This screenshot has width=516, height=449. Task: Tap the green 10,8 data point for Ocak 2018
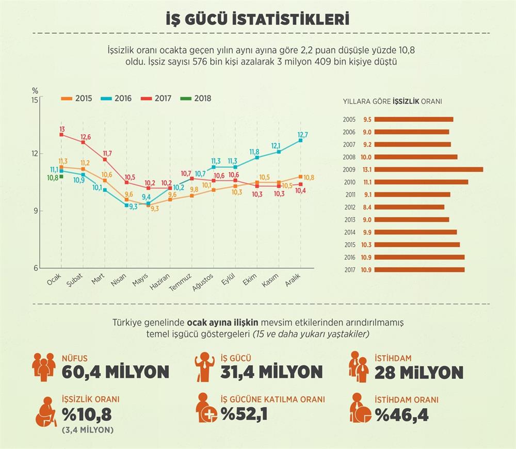tap(61, 177)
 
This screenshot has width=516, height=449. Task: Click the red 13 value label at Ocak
tap(62, 129)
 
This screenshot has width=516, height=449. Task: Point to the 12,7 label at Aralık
tap(303, 135)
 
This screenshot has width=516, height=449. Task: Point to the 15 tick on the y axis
tap(35, 100)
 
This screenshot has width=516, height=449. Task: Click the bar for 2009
tap(428, 169)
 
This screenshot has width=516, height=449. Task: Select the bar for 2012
tap(409, 207)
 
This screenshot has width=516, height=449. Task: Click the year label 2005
tap(349, 119)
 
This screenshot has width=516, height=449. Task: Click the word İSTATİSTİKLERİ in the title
tap(289, 20)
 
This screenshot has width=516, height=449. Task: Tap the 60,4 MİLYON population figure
tap(115, 372)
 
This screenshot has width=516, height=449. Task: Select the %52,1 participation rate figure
tap(244, 414)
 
